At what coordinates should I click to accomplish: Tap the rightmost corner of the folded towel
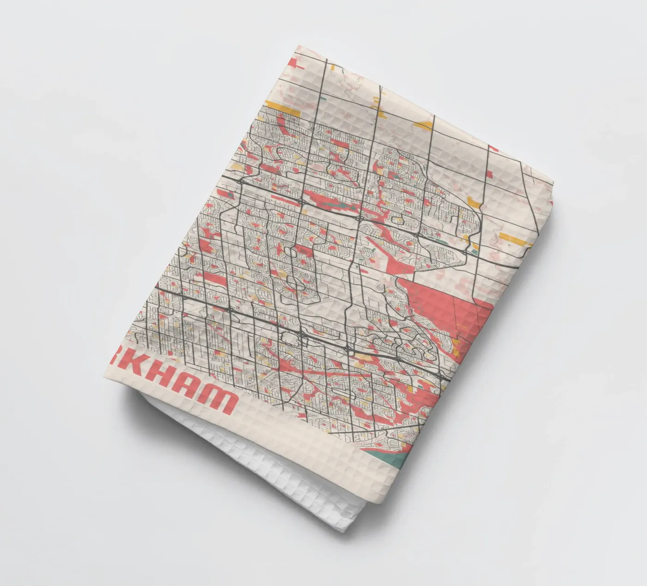(x=553, y=182)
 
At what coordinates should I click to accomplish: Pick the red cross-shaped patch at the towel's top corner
(x=296, y=65)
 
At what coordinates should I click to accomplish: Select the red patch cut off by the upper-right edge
(x=494, y=149)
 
